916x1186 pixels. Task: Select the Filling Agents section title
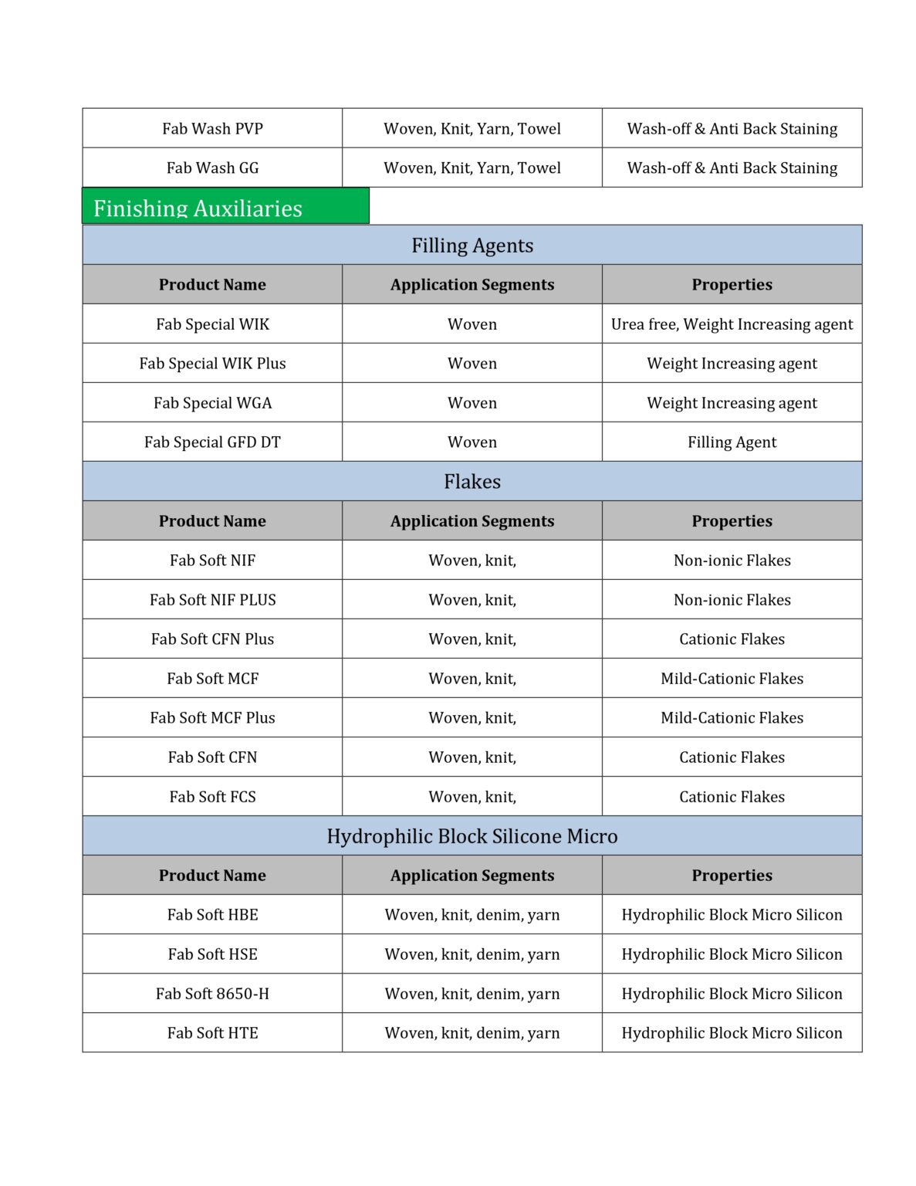(x=472, y=246)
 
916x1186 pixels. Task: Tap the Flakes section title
(x=472, y=482)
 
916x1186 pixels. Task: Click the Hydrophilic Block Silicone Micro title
(x=472, y=836)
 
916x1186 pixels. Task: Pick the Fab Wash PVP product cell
(x=212, y=129)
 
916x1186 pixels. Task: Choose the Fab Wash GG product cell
(x=212, y=168)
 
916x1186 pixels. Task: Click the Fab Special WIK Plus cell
(x=212, y=364)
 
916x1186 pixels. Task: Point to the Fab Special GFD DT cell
(x=212, y=442)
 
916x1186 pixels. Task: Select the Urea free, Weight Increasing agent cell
(x=732, y=324)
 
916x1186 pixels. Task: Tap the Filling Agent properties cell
(x=732, y=442)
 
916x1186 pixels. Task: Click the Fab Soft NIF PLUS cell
(x=212, y=600)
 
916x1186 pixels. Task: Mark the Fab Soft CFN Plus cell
(x=212, y=639)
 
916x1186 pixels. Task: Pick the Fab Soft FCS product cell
(x=212, y=797)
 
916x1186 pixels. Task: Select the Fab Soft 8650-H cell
(x=212, y=994)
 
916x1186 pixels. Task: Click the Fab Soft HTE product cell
(x=212, y=1033)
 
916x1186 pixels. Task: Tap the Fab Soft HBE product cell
(x=212, y=915)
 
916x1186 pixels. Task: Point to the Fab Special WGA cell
(x=212, y=403)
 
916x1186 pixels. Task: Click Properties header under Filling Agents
(x=732, y=285)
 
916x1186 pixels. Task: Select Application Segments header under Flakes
(x=472, y=521)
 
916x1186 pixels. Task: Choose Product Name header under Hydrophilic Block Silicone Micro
(x=212, y=876)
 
